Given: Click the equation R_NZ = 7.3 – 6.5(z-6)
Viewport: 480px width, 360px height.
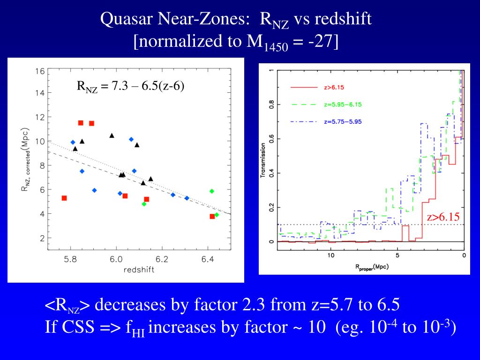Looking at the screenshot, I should click(x=130, y=86).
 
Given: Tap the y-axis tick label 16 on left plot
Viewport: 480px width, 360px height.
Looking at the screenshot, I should click(x=39, y=72).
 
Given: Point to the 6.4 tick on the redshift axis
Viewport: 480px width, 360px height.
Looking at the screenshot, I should click(x=208, y=260).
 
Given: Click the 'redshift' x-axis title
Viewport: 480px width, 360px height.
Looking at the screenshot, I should click(x=139, y=270).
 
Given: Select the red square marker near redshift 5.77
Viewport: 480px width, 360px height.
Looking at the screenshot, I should click(x=64, y=198).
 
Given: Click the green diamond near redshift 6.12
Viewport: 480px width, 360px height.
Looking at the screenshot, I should click(x=144, y=204).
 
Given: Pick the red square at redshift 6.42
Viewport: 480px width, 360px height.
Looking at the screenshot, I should click(x=212, y=216).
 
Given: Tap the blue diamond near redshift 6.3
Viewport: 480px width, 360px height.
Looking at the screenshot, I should click(x=187, y=198).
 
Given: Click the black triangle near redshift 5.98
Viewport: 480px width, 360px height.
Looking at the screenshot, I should click(x=112, y=136).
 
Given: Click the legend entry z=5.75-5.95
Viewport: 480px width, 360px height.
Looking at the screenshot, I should click(x=342, y=121).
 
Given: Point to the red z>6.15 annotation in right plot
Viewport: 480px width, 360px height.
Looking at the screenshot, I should click(x=443, y=217).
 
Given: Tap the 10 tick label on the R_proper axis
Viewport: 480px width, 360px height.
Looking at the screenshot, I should click(x=330, y=255).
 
